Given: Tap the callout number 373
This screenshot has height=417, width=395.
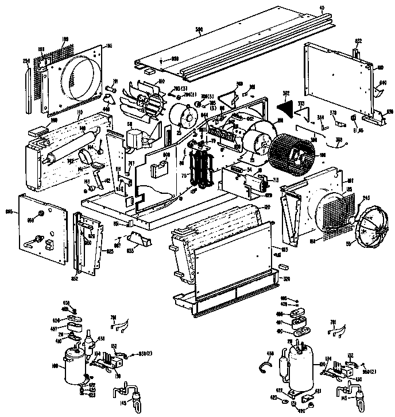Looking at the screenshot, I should [299, 104].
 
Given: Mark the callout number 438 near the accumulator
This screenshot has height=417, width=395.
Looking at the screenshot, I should [102, 339].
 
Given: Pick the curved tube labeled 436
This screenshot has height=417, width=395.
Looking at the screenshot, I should [265, 362].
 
